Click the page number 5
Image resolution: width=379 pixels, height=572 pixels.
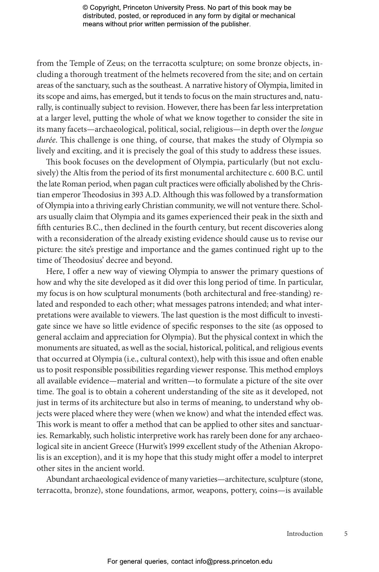pyautogui.click(x=346, y=534)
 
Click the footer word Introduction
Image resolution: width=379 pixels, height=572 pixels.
pyautogui.click(x=304, y=534)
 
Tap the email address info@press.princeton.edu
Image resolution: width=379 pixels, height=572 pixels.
pyautogui.click(x=234, y=561)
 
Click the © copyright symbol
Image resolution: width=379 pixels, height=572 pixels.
pyautogui.click(x=85, y=8)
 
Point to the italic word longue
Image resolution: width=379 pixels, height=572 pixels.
pyautogui.click(x=312, y=129)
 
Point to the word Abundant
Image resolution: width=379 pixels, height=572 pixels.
pyautogui.click(x=62, y=479)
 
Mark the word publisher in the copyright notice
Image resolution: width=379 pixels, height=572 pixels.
pyautogui.click(x=235, y=24)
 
